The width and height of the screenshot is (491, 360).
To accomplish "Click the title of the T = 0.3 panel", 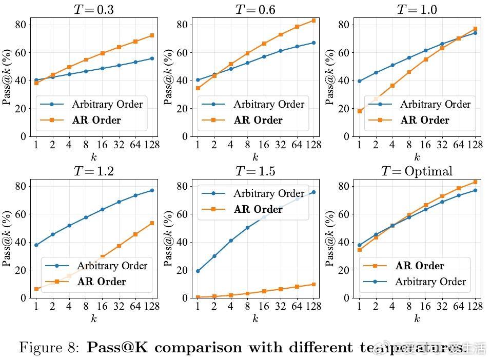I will tap(93, 10).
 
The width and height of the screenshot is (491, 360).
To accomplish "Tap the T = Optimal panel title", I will tap(417, 171).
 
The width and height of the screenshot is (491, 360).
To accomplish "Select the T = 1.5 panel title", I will tap(255, 171).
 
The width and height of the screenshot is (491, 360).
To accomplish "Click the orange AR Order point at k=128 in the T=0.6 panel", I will tap(313, 21).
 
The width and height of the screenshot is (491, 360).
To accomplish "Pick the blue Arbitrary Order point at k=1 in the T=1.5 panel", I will tap(198, 271).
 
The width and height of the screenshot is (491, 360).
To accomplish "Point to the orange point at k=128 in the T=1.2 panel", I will tap(152, 223).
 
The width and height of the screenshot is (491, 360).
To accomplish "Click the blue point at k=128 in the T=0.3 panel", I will tap(152, 58).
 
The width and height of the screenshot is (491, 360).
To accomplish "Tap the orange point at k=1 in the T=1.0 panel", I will tap(359, 111).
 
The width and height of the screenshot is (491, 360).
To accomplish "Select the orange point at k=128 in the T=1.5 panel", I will tap(313, 284).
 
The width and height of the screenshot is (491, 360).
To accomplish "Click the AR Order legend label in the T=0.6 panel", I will tap(258, 121).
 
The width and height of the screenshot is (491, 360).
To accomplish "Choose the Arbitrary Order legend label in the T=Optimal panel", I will tap(430, 282).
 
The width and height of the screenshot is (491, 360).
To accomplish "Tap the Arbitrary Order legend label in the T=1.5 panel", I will tap(269, 193).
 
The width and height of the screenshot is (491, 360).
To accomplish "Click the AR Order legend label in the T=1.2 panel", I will tap(102, 282).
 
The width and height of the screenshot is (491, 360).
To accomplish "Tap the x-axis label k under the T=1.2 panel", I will tap(93, 318).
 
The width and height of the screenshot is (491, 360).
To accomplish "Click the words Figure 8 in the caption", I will tap(49, 348).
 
